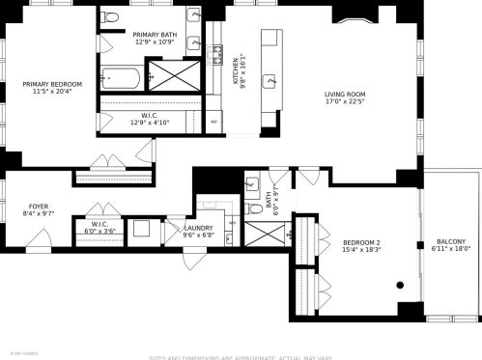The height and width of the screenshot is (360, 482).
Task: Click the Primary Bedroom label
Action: [52, 85]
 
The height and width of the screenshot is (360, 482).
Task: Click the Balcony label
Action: [450, 241]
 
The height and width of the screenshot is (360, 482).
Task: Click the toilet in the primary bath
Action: [112, 17]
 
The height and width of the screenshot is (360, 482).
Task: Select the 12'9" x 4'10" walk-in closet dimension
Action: [152, 123]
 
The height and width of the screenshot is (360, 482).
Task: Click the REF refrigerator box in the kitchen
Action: [214, 123]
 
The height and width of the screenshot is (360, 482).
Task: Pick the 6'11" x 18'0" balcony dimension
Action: [450, 250]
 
